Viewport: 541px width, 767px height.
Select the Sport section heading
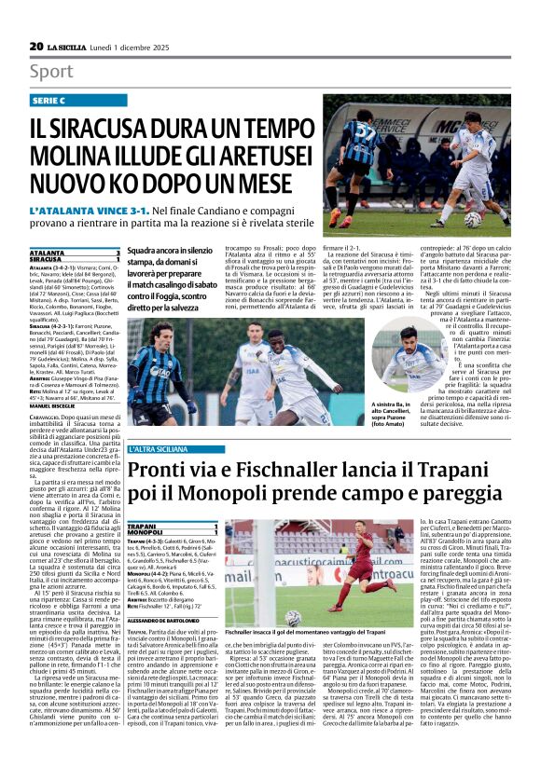click(51, 72)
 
